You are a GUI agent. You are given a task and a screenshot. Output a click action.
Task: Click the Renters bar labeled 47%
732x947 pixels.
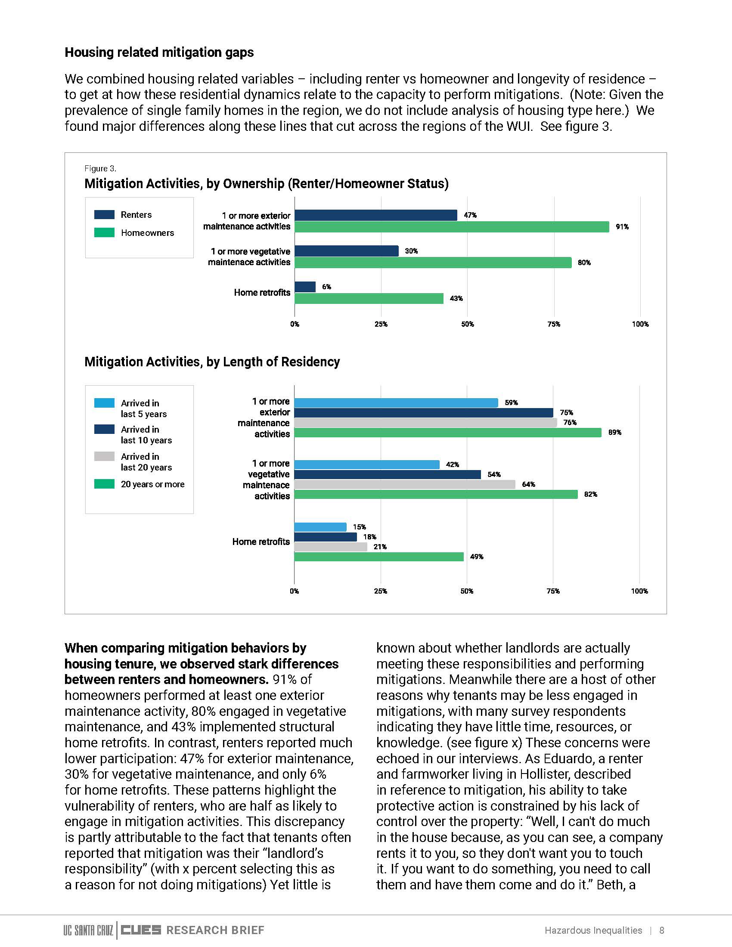[x=375, y=215]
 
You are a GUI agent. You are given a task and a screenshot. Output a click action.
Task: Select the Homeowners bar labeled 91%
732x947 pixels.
[x=452, y=227]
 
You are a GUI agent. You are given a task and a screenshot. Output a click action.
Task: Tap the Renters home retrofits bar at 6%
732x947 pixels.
[x=305, y=287]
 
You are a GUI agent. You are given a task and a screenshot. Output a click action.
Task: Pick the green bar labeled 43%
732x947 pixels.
[x=369, y=298]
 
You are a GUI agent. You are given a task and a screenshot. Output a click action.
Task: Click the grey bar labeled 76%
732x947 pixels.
[x=425, y=422]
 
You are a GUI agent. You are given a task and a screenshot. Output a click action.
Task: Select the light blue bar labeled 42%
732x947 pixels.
[x=367, y=464]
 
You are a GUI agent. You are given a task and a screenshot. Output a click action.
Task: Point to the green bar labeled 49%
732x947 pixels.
[x=379, y=557]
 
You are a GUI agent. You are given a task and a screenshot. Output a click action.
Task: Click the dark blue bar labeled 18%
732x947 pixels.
[x=326, y=537]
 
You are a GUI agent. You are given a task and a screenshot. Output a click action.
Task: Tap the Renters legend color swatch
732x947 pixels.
[x=105, y=215]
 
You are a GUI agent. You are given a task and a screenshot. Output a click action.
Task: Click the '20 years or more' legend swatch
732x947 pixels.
[x=105, y=484]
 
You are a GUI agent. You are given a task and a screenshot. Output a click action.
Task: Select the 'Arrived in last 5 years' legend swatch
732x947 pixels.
[x=105, y=403]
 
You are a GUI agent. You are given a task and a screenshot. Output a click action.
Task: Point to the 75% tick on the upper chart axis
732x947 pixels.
[x=554, y=324]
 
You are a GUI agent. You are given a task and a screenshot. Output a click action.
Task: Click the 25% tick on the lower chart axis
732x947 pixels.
[x=380, y=591]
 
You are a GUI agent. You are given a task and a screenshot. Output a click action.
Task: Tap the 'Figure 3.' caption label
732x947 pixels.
[x=100, y=169]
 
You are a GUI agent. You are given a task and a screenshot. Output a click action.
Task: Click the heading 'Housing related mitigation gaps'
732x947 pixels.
[x=159, y=53]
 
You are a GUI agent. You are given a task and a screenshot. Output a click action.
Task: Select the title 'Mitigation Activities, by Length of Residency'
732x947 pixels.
[x=212, y=362]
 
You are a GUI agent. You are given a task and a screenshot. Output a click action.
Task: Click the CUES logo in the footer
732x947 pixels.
[x=141, y=930]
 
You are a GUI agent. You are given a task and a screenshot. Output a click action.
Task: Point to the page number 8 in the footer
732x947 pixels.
[x=662, y=930]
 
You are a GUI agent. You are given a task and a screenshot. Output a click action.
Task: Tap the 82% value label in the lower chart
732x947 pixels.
[x=591, y=494]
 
